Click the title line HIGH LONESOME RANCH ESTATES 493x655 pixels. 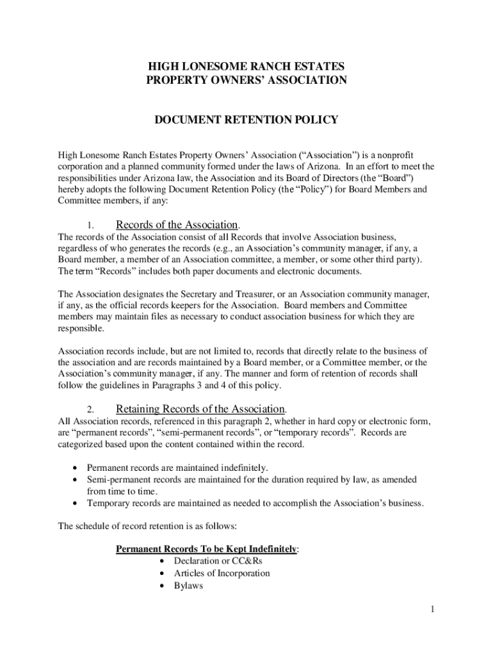click(247, 67)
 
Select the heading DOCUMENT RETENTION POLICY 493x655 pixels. click(247, 120)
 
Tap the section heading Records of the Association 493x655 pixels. click(177, 225)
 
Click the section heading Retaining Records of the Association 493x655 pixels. click(200, 409)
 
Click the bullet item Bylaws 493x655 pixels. click(188, 586)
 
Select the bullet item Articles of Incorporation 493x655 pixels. click(222, 573)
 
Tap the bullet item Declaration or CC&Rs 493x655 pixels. click(218, 560)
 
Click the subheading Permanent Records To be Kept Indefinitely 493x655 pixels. click(206, 549)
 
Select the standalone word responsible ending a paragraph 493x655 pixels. click(81, 328)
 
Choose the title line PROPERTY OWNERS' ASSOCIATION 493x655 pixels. click(247, 81)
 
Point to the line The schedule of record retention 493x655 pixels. click(147, 527)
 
